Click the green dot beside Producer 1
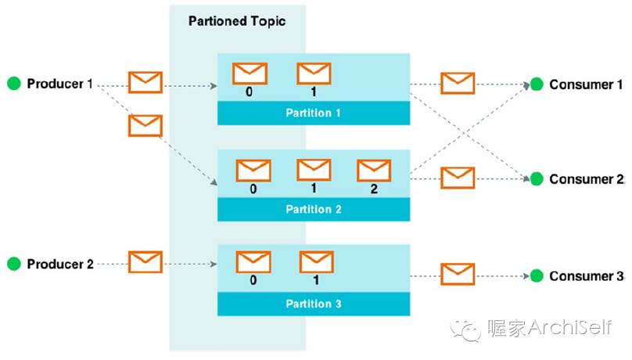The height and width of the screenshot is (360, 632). click(x=14, y=84)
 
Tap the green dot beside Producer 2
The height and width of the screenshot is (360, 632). click(x=14, y=265)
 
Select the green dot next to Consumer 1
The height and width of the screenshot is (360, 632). click(x=536, y=85)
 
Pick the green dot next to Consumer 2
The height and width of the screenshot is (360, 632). click(x=536, y=179)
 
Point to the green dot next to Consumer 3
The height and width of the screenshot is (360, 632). click(x=536, y=275)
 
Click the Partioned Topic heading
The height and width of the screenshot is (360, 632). click(x=237, y=21)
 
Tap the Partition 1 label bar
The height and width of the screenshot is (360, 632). click(x=313, y=113)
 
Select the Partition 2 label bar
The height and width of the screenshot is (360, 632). click(x=313, y=209)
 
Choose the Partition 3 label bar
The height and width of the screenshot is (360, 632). click(x=313, y=304)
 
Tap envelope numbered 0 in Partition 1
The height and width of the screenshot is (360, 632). click(x=250, y=73)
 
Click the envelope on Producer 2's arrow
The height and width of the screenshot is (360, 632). click(x=145, y=261)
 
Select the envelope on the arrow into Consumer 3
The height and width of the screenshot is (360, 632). click(x=458, y=273)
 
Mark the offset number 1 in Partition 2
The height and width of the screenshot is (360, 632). click(x=314, y=188)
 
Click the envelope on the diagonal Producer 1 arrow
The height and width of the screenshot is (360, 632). click(x=145, y=125)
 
